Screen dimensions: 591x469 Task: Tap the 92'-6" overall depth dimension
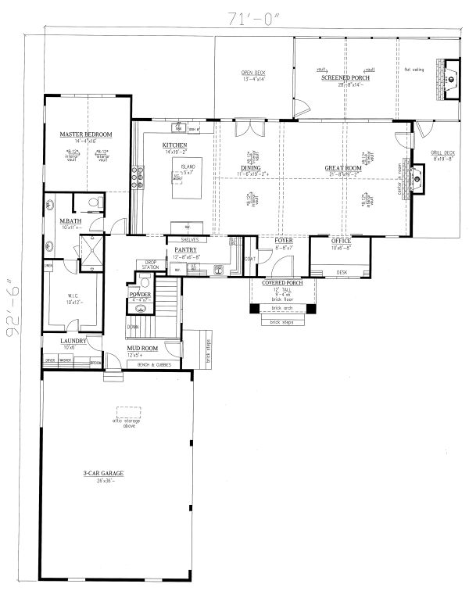(x=12, y=308)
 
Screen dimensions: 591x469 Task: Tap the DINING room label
(x=251, y=167)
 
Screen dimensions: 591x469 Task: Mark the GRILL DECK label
(x=442, y=152)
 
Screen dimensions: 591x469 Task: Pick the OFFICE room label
(x=341, y=242)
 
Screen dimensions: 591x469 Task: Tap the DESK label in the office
(x=342, y=272)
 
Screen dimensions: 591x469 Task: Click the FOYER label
(x=283, y=242)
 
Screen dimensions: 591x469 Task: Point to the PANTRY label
(x=185, y=249)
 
